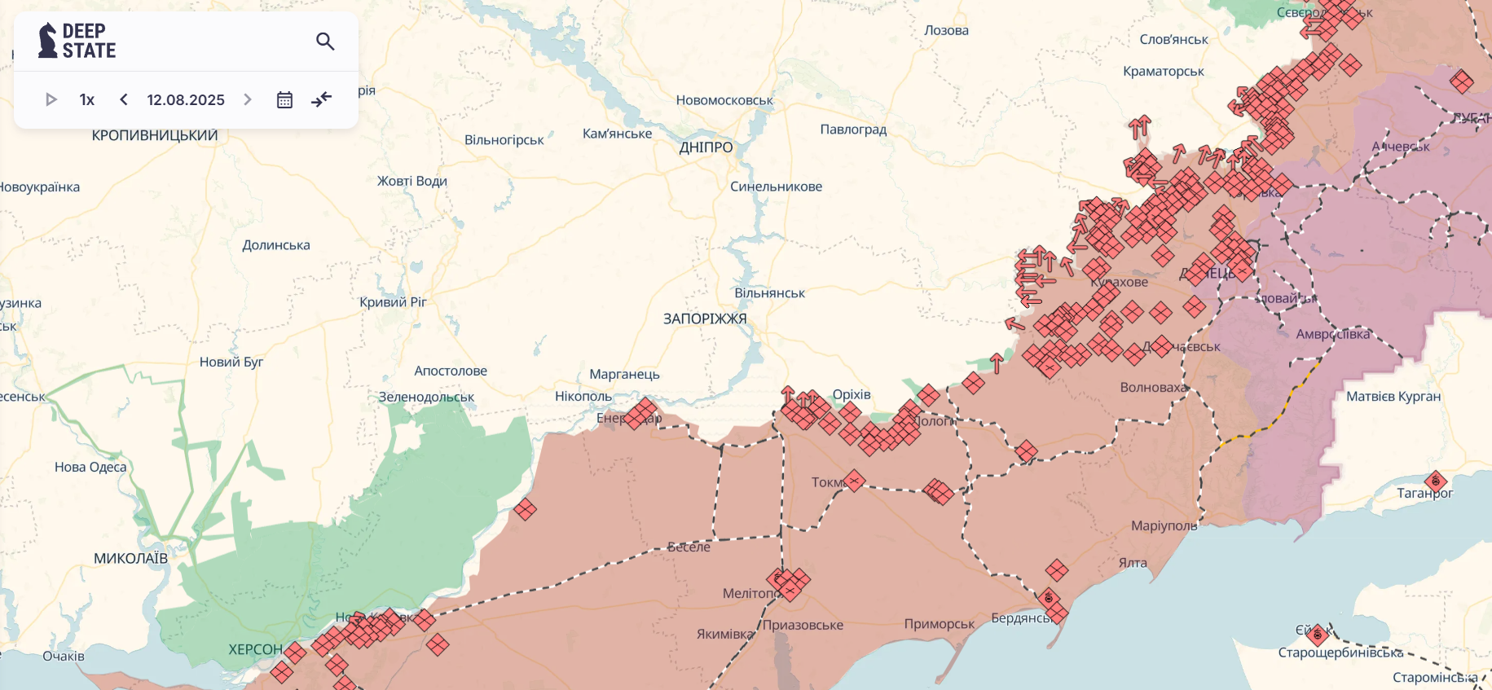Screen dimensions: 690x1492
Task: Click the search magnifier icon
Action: (x=325, y=41)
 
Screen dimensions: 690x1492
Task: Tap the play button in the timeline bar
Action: (x=51, y=99)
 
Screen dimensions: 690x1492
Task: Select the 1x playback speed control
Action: (x=87, y=99)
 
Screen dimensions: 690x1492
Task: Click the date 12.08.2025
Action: (x=186, y=99)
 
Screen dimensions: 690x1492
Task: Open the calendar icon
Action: (x=284, y=99)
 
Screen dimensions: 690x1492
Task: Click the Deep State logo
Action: (x=77, y=41)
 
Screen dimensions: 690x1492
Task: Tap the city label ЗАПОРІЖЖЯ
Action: (x=705, y=319)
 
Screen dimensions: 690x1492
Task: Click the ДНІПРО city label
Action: (x=706, y=147)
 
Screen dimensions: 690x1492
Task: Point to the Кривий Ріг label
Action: (x=393, y=301)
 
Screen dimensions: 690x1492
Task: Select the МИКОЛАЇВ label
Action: (x=130, y=558)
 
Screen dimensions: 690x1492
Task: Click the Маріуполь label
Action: (x=1164, y=525)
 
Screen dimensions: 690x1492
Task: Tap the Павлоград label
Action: (x=853, y=129)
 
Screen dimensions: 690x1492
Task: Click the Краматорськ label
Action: (x=1163, y=71)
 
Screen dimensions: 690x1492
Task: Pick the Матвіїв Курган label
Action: (x=1393, y=396)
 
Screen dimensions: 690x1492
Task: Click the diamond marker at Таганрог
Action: (x=1436, y=481)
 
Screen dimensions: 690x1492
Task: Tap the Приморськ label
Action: (x=939, y=623)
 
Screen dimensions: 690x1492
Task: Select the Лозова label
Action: (x=946, y=30)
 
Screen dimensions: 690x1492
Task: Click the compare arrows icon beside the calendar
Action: (x=322, y=99)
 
